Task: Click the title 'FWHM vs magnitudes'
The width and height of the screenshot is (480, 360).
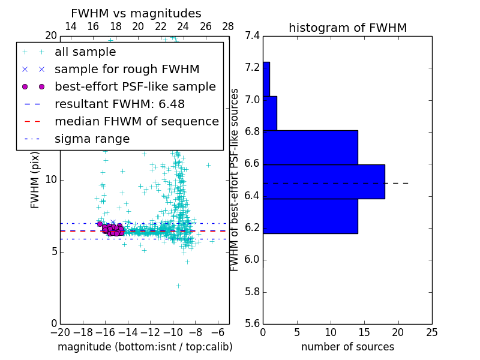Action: click(x=136, y=13)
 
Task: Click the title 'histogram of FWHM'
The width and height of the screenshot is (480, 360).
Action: click(x=347, y=28)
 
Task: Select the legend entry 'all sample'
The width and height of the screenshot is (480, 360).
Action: click(x=85, y=52)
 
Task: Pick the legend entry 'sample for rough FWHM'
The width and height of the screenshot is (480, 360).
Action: click(x=127, y=69)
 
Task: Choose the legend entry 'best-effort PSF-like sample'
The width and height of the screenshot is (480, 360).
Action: click(x=135, y=86)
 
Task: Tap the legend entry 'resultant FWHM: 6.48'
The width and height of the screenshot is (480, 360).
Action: click(x=119, y=104)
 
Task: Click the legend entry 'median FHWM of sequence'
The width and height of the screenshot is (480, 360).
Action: click(x=136, y=121)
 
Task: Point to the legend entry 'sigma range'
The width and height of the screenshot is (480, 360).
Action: click(x=92, y=139)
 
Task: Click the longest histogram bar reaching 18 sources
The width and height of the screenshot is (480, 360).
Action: click(x=324, y=181)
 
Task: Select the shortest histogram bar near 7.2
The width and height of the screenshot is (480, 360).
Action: click(x=266, y=79)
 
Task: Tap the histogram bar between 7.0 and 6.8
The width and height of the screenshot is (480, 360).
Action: click(x=270, y=113)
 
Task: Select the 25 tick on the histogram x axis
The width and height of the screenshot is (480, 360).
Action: click(x=431, y=332)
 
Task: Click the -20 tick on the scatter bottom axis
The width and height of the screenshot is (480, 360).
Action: click(x=60, y=332)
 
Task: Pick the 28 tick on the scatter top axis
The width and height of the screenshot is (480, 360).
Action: click(x=229, y=26)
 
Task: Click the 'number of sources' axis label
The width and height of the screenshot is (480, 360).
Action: click(x=347, y=347)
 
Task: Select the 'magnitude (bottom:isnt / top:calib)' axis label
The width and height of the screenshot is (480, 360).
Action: click(x=145, y=347)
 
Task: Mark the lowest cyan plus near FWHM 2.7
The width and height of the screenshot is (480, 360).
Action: click(x=178, y=286)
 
